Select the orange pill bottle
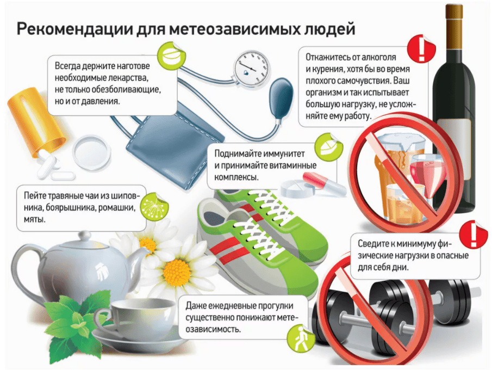(x=36, y=121)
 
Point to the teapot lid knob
(x=85, y=235)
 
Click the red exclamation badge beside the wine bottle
(x=421, y=49)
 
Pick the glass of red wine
(x=427, y=176)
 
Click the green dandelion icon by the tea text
(x=154, y=206)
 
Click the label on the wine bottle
(x=459, y=149)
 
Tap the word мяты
(x=34, y=219)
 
